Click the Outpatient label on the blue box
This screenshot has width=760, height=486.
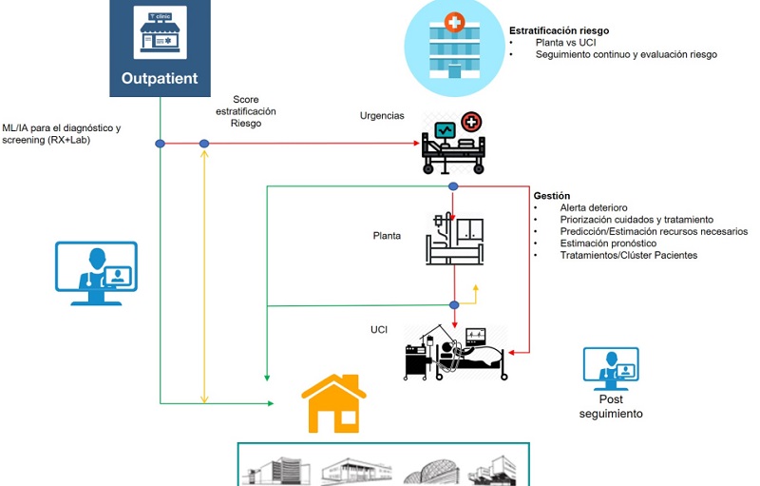160,77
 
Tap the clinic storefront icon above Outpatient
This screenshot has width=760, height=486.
159,34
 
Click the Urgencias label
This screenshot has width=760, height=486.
382,116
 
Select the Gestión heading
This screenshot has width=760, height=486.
552,195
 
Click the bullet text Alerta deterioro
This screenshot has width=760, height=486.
594,207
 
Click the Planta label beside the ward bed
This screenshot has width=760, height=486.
387,235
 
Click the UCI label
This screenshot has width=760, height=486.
378,329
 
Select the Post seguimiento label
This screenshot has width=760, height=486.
610,406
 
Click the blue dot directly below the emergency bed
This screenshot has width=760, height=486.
453,186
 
